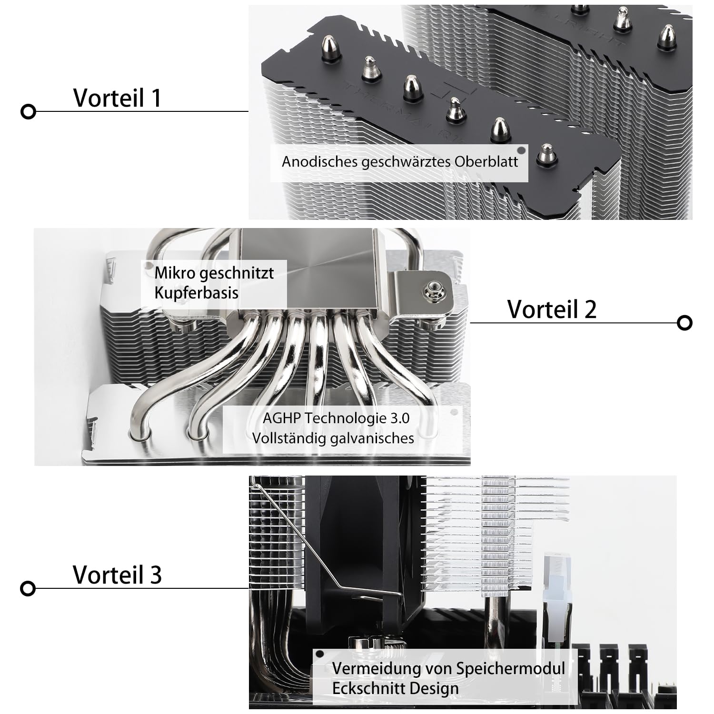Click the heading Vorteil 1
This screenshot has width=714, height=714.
coord(117,98)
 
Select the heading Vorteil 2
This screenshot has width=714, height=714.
coord(552,309)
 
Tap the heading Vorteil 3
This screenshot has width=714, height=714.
coord(117,575)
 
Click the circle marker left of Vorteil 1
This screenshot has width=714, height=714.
coord(29,112)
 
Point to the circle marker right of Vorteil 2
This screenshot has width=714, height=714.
coord(684,323)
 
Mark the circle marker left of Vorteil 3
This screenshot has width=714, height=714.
coord(28,589)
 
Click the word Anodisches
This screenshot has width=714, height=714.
coord(319,161)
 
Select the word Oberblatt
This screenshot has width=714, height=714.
coord(486,161)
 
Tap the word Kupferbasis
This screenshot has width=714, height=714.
coord(196,292)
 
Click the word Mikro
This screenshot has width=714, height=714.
coord(175,273)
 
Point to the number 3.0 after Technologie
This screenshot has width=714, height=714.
coord(400,418)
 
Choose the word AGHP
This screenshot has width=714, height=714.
coord(281,418)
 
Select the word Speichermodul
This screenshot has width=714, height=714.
coord(511,668)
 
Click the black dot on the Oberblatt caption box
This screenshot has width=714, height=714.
coord(522,151)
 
